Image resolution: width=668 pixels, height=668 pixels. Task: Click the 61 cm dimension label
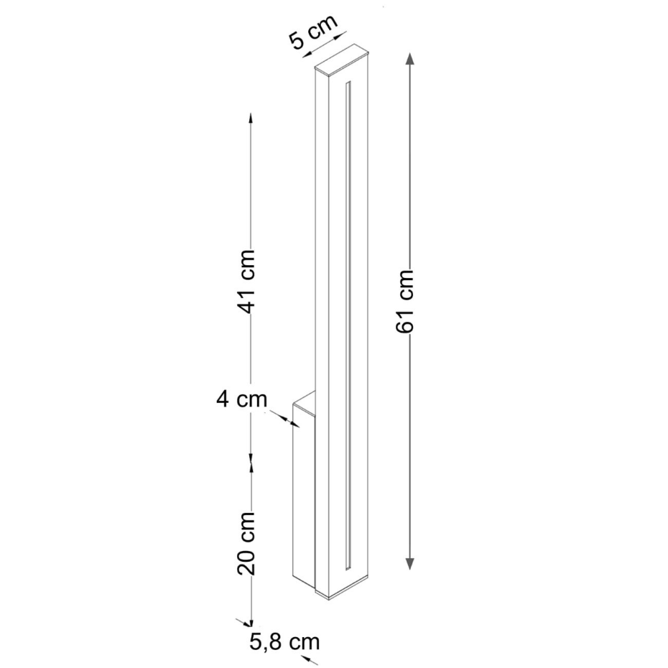pos(404,301)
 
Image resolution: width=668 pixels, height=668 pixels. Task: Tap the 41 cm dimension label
pos(246,282)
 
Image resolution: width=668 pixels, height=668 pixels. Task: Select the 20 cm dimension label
pos(246,543)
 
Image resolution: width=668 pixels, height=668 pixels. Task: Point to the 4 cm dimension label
pos(241,399)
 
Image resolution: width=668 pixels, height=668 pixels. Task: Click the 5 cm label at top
pos(313,32)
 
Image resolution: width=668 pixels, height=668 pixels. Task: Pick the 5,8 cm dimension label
pos(284,641)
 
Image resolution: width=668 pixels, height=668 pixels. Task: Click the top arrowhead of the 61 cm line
pos(409,58)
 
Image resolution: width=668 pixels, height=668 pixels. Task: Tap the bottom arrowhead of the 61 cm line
pos(409,563)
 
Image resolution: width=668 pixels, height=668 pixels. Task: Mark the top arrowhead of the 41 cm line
pos(251,118)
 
